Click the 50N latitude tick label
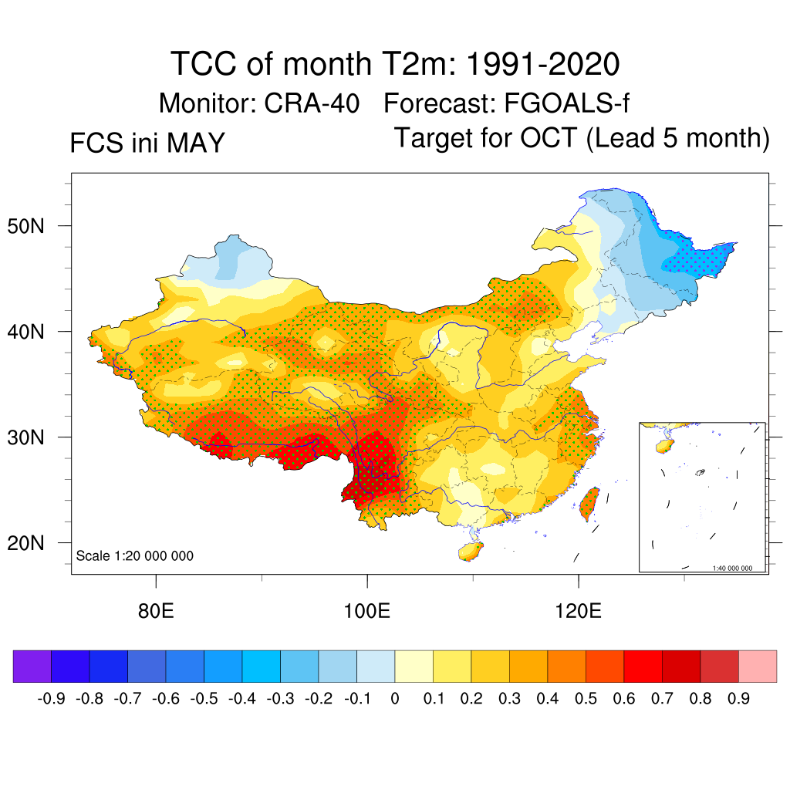tap(25, 226)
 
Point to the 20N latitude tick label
tap(25, 543)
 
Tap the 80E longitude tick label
tap(156, 611)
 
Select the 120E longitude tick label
tap(578, 611)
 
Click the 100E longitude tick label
tap(366, 611)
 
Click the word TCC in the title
tap(204, 64)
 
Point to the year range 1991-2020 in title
tap(542, 64)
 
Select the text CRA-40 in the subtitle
tap(312, 103)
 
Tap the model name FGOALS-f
tap(567, 103)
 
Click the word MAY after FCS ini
tap(196, 143)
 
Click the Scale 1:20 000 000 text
tap(134, 555)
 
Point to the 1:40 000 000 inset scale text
tap(732, 569)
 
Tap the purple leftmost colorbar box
tap(32, 666)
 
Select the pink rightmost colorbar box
tap(758, 666)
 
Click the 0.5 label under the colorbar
tap(586, 698)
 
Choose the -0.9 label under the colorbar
tap(51, 698)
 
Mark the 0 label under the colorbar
tap(394, 698)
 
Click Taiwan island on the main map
tap(589, 504)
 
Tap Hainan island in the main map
tap(471, 551)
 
